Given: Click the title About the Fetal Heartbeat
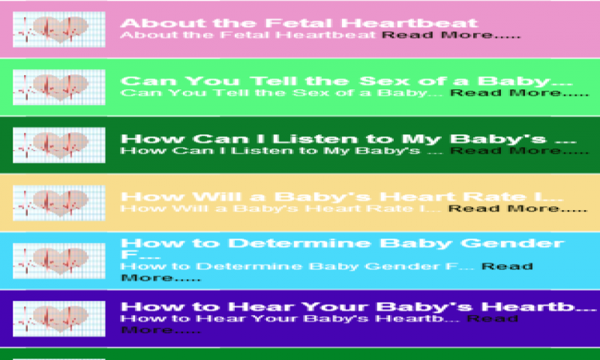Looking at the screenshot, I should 298,22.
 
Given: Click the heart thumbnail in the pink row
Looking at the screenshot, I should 59,30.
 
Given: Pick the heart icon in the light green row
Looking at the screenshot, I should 59,88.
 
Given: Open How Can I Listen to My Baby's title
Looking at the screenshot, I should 346,139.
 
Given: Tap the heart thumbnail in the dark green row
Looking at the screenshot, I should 59,145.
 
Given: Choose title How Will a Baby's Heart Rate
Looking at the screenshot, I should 341,196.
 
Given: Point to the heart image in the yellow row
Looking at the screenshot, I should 59,203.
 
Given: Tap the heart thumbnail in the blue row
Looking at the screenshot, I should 59,260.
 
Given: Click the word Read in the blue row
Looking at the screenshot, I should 507,266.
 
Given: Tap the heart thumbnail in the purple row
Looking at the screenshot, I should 59,318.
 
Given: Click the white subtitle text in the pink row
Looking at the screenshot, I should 248,35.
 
